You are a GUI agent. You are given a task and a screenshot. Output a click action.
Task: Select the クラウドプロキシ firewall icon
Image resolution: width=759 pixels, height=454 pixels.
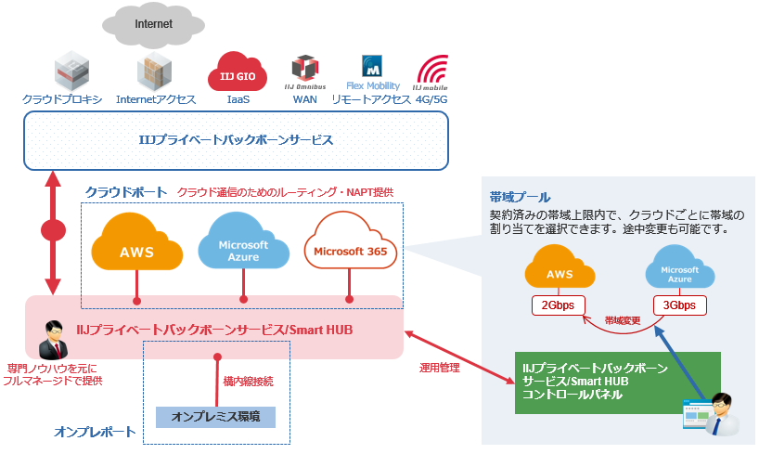(x=71, y=71)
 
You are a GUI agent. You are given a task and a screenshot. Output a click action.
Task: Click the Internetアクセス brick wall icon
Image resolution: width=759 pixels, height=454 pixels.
(x=155, y=71)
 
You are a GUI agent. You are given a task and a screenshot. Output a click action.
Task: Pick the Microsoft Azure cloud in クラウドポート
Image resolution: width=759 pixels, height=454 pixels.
(x=243, y=247)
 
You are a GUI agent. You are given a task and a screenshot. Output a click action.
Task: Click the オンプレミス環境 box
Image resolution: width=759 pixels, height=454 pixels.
(x=215, y=416)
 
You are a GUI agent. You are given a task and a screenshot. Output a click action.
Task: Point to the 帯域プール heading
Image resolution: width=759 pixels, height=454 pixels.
(x=520, y=197)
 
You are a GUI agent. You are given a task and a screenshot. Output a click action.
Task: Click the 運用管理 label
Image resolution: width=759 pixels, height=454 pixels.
(x=440, y=367)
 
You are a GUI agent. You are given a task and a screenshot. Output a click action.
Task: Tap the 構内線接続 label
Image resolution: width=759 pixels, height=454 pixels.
(x=248, y=381)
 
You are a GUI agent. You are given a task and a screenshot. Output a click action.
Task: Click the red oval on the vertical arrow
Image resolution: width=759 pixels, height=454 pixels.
(x=54, y=229)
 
